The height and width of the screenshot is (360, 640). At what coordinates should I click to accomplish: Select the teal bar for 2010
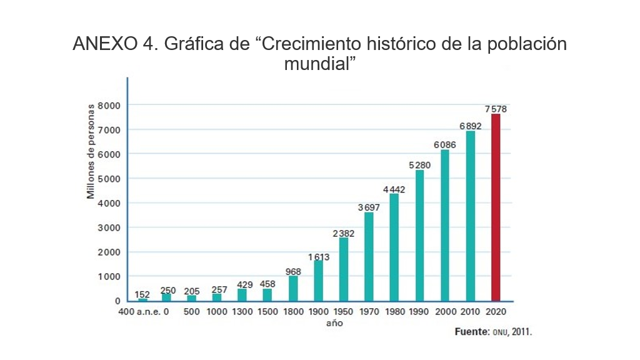coord(470,216)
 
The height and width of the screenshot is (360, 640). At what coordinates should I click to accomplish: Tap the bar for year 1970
coord(369,256)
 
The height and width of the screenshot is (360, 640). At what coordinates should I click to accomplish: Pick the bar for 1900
coord(318,280)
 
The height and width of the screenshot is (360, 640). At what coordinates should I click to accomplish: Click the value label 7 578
coord(496,109)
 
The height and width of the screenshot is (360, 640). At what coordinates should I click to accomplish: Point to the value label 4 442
coord(394,189)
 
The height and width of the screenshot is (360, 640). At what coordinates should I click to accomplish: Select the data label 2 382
coord(344,233)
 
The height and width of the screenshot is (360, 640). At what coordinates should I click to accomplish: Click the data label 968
coord(293,271)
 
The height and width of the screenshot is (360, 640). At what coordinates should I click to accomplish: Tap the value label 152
coord(142,294)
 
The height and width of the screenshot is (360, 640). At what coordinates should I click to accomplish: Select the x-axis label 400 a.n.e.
coord(138,311)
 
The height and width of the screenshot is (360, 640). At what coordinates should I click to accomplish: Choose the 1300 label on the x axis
coord(242,311)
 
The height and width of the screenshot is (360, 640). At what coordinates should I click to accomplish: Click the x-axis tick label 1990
coord(419,311)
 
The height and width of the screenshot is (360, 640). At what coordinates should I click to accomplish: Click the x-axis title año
coord(334,324)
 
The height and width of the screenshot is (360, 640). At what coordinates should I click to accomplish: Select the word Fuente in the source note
coord(472,332)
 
